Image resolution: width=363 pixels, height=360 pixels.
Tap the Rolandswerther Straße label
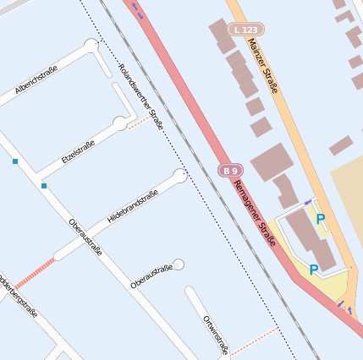pos(141,96)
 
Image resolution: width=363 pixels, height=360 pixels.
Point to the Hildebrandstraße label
pos(133,206)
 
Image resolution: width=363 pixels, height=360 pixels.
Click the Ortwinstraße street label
pos(216,335)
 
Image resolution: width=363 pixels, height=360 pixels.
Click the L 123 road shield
pos(245,30)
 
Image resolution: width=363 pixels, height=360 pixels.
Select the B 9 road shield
pos(230,170)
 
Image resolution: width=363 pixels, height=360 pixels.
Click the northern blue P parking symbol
pos(321,220)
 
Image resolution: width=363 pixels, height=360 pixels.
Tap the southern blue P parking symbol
pos(313,270)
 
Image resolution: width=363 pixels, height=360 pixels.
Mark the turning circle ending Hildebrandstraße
pos(180,176)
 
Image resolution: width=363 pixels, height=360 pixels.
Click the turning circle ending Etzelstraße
pos(120,123)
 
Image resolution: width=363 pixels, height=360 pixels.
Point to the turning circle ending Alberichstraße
pos(91,44)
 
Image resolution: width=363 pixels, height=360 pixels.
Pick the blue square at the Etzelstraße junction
pos(44,185)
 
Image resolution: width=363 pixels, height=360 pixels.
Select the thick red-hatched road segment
pos(34,270)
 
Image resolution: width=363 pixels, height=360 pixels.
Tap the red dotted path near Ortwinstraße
pos(253,340)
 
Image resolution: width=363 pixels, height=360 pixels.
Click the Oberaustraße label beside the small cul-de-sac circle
pos(151,276)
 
